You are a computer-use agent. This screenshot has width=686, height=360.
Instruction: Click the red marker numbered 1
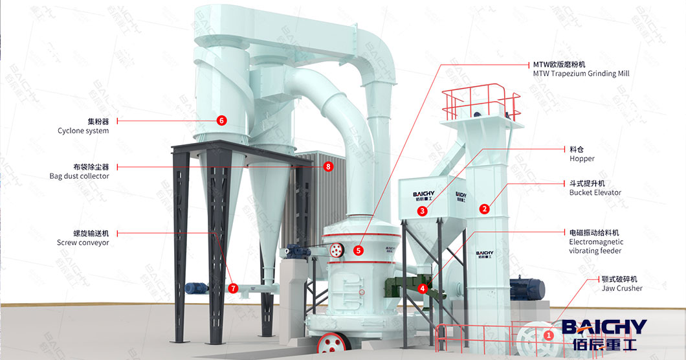549,335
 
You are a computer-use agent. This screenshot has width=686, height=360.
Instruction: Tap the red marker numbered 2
484,208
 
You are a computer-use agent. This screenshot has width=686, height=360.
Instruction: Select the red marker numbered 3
422,211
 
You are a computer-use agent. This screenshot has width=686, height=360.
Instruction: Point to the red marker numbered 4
423,288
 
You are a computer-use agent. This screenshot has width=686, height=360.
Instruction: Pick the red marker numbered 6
221,120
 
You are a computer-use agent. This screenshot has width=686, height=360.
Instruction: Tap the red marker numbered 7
233,288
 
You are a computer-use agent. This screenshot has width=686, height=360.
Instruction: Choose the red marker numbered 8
328,166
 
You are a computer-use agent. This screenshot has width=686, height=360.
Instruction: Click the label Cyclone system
83,131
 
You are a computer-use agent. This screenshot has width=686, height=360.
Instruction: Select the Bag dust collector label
79,176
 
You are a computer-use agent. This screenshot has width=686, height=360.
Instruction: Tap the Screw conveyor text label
83,243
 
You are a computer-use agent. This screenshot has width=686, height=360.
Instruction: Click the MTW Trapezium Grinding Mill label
581,74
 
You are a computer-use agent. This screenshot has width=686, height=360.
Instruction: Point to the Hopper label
582,159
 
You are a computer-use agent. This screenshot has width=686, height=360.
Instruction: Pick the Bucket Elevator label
595,192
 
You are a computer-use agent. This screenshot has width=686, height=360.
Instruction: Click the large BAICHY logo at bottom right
603,333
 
